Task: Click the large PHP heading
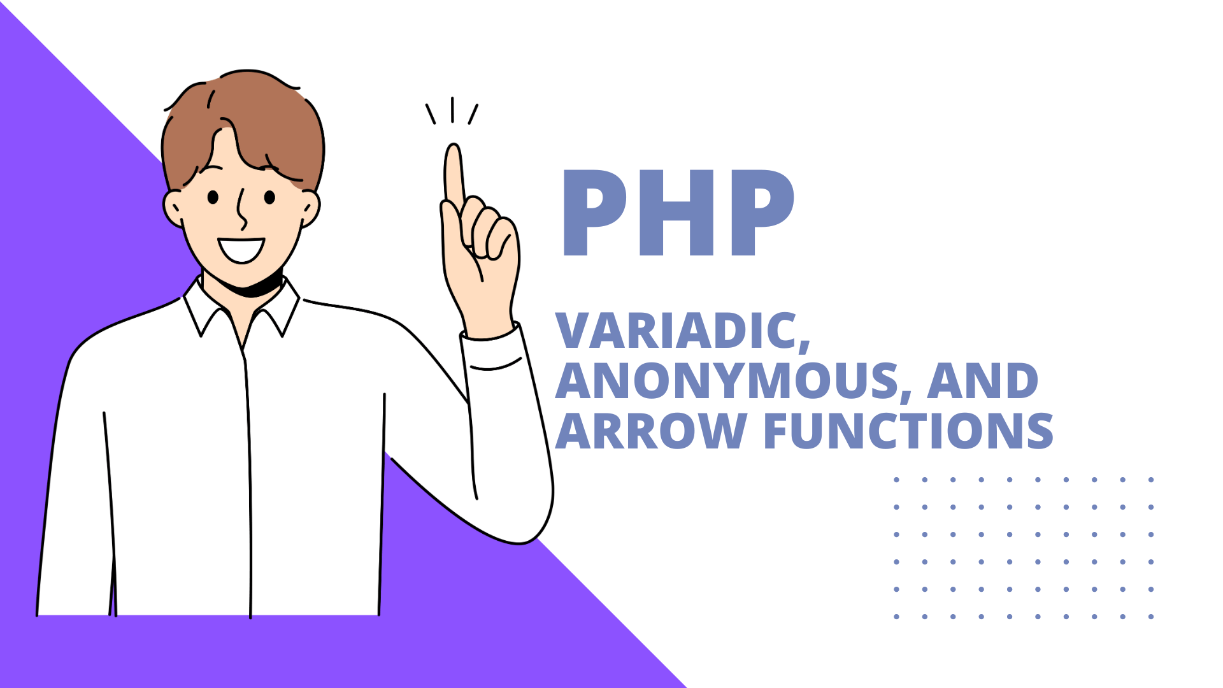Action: (x=678, y=213)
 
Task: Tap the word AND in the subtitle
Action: (x=983, y=381)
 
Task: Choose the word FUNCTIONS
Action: (x=908, y=431)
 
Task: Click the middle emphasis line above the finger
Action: (x=452, y=110)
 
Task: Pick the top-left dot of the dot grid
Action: (x=896, y=480)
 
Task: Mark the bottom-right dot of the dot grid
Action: (x=1151, y=617)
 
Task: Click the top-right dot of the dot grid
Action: (x=1151, y=480)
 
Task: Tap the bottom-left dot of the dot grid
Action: (x=896, y=617)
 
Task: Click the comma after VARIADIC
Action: (x=804, y=345)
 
